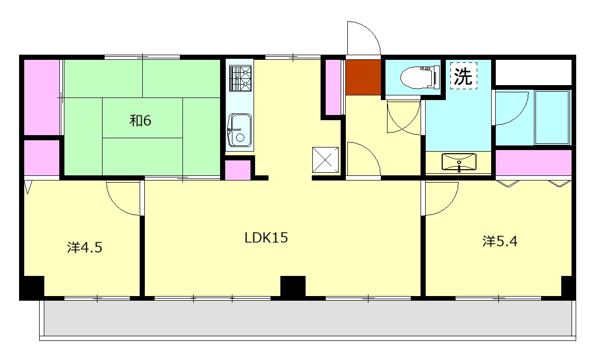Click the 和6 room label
click(140, 121)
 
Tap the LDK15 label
click(266, 237)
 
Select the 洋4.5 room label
click(85, 247)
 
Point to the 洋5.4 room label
click(500, 241)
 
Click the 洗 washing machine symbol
click(463, 76)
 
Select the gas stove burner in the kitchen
click(240, 78)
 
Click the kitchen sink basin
click(239, 130)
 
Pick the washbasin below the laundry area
click(459, 162)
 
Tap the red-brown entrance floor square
click(363, 77)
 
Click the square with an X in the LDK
click(326, 159)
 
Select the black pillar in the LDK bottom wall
click(293, 286)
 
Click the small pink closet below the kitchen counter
click(237, 170)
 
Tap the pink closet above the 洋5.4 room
click(533, 162)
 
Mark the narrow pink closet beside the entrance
click(333, 88)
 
